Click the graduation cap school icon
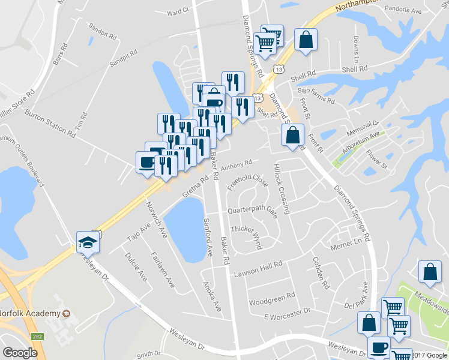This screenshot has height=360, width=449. coord(87,242)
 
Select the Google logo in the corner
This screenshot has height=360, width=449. coord(20,353)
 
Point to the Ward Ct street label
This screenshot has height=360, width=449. coord(178,11)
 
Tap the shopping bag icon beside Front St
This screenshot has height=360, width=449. coord(292,136)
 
